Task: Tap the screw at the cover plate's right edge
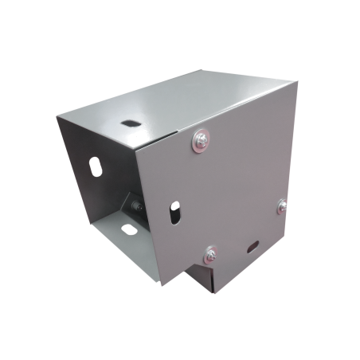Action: pyautogui.click(x=283, y=206)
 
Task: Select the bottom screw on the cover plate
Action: pyautogui.click(x=210, y=255)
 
